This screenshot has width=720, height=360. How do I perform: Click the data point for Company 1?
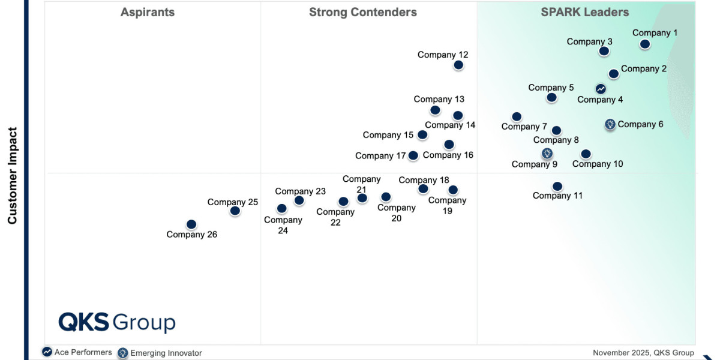pos(644,44)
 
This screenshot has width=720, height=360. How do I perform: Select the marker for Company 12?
pos(458,65)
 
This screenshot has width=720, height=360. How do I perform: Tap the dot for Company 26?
pos(191,224)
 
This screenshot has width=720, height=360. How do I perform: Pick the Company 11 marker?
pos(557,187)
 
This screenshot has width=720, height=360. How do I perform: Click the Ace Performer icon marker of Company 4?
pos(601,89)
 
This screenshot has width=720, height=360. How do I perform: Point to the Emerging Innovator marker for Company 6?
pos(610,125)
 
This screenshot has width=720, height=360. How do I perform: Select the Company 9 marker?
pos(547,154)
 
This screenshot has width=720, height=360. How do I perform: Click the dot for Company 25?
pos(235,211)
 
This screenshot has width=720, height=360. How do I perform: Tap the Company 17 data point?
pos(413,155)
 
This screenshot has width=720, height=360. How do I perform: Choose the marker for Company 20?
pos(386,197)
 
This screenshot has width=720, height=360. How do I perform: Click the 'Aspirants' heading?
pos(148,12)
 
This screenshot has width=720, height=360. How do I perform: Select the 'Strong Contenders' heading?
pos(362,12)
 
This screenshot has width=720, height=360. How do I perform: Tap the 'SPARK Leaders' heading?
pos(584,12)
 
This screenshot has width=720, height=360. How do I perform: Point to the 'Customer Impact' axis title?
pos(12,175)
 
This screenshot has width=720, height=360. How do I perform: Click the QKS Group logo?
pos(116,322)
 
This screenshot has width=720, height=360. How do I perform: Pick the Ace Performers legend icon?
pos(47,352)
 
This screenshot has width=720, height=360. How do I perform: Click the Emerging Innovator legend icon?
pos(123,353)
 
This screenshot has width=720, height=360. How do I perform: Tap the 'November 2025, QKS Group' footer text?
pos(643,353)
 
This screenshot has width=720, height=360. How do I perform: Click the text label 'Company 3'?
pos(589,41)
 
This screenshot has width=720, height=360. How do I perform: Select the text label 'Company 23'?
pos(300,191)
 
